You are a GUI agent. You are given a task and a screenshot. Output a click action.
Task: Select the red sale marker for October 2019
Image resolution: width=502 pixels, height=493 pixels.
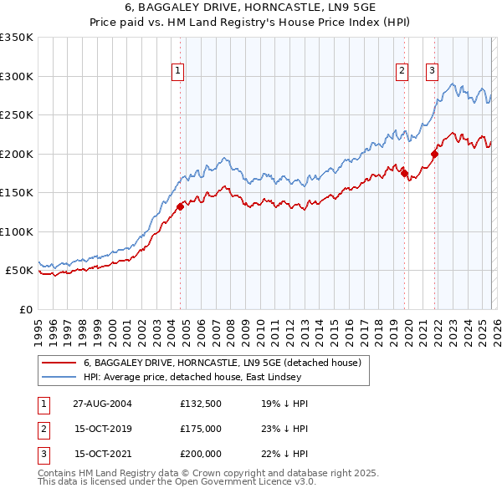[x=404, y=173]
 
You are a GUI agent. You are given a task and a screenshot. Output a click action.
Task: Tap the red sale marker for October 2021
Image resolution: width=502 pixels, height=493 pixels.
[x=434, y=154]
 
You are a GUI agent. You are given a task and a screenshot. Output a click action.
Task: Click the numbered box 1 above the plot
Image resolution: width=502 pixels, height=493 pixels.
[x=178, y=72]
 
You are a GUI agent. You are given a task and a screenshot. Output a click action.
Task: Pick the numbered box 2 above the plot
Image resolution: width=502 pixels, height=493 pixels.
[x=402, y=72]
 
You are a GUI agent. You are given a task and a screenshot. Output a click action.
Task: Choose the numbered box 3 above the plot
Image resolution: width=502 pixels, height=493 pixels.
[x=433, y=72]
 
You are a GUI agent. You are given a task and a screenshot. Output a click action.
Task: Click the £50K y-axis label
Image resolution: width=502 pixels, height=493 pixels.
[x=18, y=271]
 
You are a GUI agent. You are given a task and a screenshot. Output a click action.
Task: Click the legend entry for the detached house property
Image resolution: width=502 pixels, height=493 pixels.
[x=221, y=363]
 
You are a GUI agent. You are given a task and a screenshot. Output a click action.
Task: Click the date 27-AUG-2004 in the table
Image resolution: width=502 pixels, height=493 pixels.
[x=101, y=404]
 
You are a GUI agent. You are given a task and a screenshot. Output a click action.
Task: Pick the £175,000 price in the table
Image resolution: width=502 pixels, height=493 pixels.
[x=201, y=429]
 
